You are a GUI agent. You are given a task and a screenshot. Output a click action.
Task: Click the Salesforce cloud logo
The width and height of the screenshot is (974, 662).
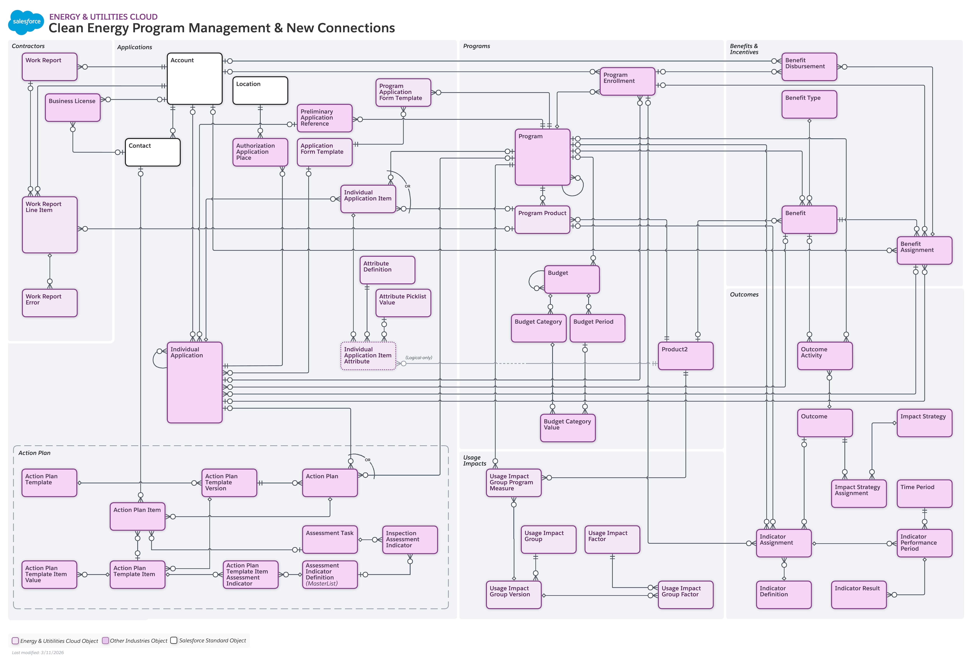tap(26, 22)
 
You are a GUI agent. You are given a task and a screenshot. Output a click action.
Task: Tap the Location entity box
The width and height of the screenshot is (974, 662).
tap(260, 90)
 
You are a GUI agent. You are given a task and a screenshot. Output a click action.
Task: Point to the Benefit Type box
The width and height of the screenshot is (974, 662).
tap(809, 104)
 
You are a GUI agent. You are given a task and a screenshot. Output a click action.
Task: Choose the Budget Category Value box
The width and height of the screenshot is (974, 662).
tap(567, 428)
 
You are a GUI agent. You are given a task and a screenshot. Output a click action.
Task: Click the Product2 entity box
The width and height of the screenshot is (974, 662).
tap(685, 356)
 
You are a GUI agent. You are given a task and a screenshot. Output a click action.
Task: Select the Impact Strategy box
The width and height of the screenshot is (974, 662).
tap(924, 423)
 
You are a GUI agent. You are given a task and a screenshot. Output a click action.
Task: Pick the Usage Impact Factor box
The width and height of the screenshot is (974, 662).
tap(612, 539)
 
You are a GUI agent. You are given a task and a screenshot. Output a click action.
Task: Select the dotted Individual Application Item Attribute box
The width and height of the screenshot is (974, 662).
tap(368, 356)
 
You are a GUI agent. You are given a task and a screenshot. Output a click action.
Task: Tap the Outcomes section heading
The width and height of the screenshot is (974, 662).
tap(744, 295)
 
